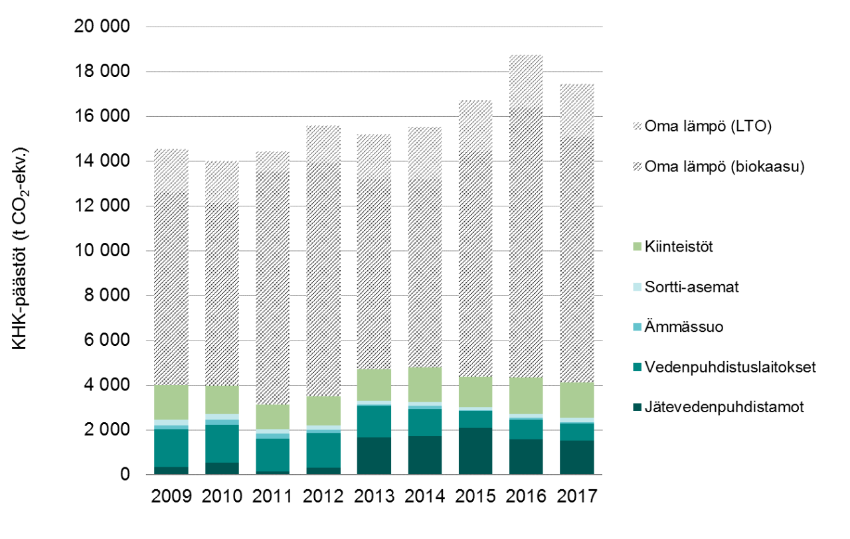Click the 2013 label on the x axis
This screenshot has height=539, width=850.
pos(373,497)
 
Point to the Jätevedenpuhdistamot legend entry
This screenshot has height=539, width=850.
pos(724,407)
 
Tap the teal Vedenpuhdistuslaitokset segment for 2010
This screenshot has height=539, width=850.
pos(222,443)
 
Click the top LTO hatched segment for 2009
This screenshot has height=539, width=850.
pos(171,171)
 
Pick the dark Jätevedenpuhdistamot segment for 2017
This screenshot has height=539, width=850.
pos(576,457)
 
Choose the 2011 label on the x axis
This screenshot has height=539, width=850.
pos(272,497)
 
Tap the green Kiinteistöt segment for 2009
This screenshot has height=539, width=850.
pos(171,402)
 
